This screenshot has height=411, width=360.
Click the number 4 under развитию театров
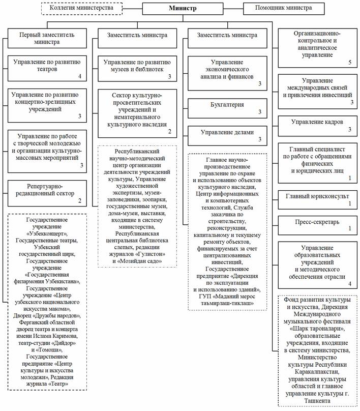(x=80, y=77)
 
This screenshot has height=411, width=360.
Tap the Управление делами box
(x=227, y=134)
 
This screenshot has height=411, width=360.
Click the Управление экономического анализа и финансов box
(x=227, y=74)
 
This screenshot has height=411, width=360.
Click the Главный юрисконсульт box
(x=317, y=199)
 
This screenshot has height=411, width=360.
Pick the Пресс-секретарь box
(x=317, y=223)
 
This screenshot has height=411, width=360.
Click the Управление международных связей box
(x=317, y=91)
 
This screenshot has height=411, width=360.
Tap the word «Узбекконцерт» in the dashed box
(x=47, y=234)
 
